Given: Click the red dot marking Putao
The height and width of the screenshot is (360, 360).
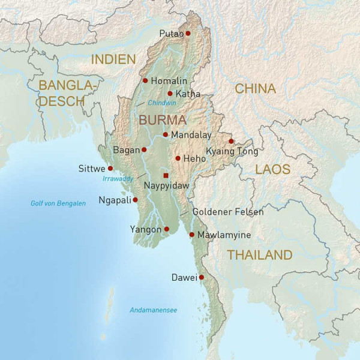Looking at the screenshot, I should [x=188, y=34].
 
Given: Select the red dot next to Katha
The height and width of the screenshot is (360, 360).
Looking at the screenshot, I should [x=170, y=94].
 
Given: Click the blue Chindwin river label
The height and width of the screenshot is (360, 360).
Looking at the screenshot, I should [x=162, y=103].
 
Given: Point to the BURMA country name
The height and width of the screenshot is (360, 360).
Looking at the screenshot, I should [x=163, y=120].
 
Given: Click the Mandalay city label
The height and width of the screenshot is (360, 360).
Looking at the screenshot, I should [x=191, y=135].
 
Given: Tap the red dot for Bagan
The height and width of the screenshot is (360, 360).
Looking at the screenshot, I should [x=144, y=149].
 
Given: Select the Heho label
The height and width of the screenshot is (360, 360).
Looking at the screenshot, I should [x=194, y=158].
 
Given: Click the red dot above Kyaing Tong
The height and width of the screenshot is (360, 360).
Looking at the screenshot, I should [x=231, y=142].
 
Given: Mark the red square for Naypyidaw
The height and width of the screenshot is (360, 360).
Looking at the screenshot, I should [x=166, y=175].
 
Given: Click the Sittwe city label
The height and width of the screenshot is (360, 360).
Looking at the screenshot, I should [x=91, y=169].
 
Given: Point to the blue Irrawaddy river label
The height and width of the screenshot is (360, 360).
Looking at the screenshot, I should [x=117, y=179].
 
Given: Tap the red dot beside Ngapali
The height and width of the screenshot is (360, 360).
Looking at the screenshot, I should [x=135, y=200].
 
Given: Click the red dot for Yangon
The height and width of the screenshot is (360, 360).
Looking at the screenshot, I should [x=167, y=229].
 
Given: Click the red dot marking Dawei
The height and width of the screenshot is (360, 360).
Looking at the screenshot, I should [x=202, y=277].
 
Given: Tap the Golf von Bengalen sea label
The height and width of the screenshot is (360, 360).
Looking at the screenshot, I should [x=58, y=203].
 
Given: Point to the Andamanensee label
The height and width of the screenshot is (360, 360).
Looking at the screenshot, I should [x=154, y=310].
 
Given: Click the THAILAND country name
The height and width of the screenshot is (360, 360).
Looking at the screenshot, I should [x=259, y=255].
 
